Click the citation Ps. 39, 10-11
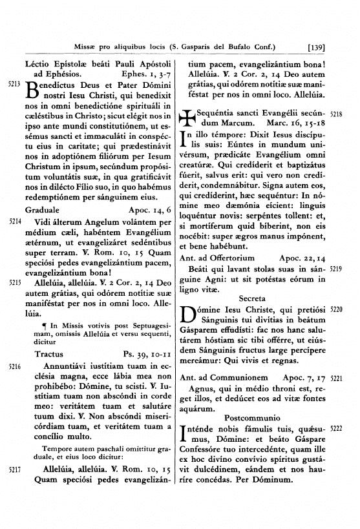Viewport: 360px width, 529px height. (x=146, y=354)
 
